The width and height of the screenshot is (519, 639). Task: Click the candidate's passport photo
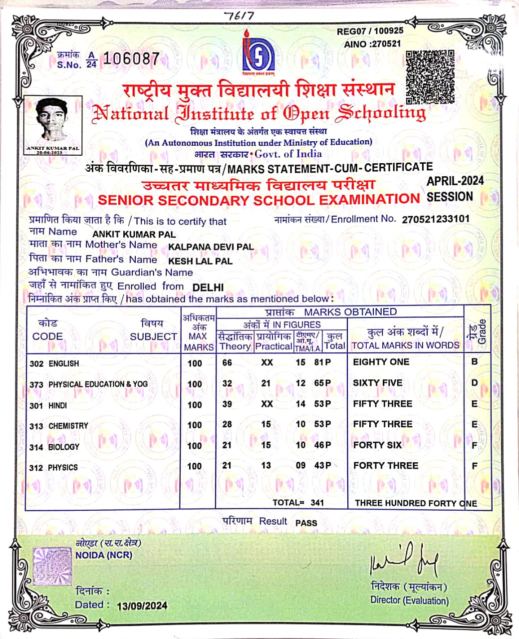coord(52,121)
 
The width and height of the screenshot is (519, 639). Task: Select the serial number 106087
coord(131,59)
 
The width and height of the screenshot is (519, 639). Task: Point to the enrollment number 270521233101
coord(435,219)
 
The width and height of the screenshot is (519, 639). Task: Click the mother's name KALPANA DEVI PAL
coord(211,247)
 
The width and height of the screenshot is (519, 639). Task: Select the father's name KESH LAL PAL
coord(200,261)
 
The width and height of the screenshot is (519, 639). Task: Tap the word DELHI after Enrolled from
coord(208,288)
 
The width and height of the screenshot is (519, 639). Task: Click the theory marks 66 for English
coord(227,363)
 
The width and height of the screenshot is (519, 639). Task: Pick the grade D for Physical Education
coord(474,383)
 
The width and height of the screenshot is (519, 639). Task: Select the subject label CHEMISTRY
coord(68,426)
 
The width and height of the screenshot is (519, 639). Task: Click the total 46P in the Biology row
coord(322,445)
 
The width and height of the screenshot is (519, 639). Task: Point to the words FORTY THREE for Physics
coord(385,465)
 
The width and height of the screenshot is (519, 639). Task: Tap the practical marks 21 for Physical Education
coord(266,383)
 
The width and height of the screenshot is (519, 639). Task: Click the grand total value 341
coord(317,503)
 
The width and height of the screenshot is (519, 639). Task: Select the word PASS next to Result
coord(306,523)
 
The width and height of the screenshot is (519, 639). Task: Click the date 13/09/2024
coord(142,606)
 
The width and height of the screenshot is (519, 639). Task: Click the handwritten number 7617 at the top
coord(239,16)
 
